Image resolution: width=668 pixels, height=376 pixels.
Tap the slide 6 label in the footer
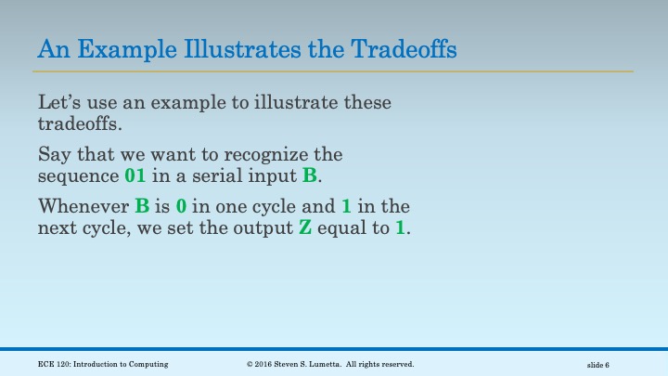604,365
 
